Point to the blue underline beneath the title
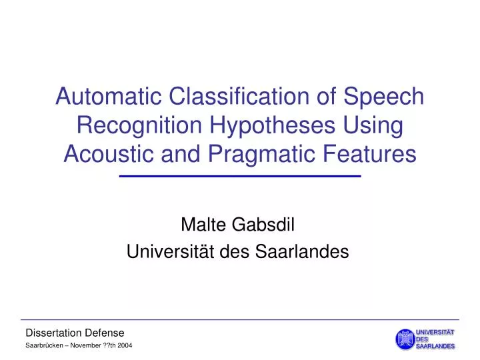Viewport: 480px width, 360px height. [x=239, y=176]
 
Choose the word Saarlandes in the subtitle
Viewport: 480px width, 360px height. [x=309, y=252]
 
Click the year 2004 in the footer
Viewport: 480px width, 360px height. [x=133, y=346]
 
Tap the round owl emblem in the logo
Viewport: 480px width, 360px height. [x=404, y=339]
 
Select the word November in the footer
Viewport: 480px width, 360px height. [x=88, y=346]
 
